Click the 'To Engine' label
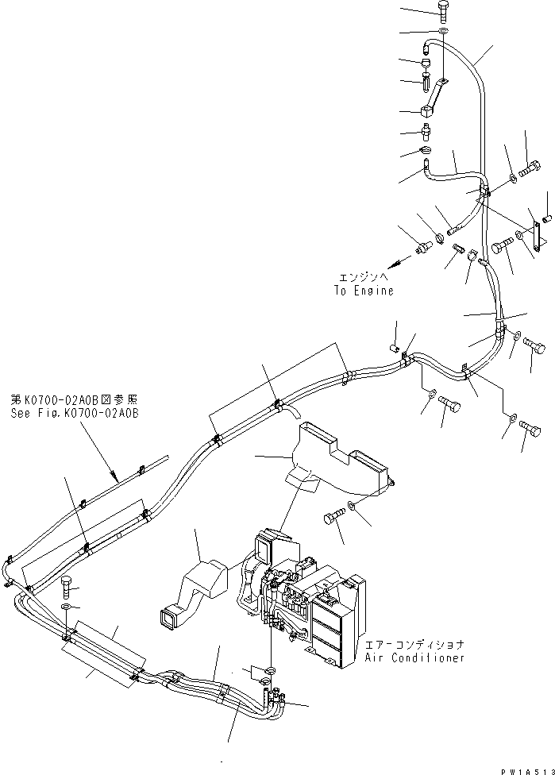[363, 291]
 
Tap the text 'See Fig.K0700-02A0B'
[75, 414]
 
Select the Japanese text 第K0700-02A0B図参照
[75, 402]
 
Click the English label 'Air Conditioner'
[414, 658]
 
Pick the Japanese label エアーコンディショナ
[414, 646]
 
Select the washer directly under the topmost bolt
[442, 32]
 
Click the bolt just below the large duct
[332, 519]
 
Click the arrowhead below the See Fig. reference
[118, 480]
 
